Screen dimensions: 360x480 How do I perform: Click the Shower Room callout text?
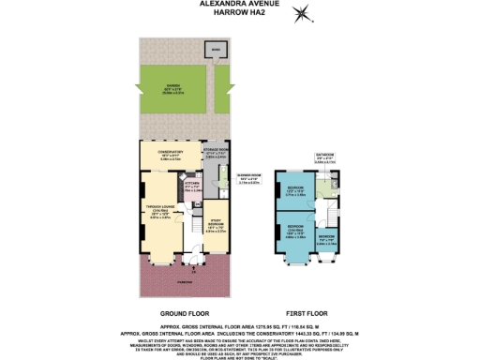coord(248,181)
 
